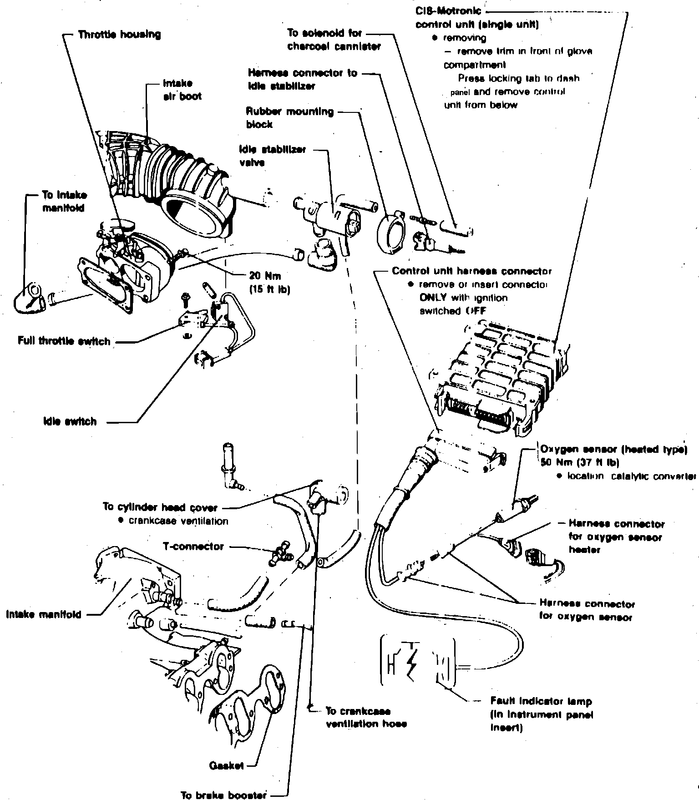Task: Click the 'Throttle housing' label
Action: pyautogui.click(x=119, y=35)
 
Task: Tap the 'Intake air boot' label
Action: pyautogui.click(x=182, y=90)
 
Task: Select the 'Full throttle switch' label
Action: pyautogui.click(x=64, y=341)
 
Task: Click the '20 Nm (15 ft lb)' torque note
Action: pyautogui.click(x=269, y=282)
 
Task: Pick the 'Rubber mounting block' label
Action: pyautogui.click(x=289, y=117)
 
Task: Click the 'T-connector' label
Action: pyautogui.click(x=193, y=546)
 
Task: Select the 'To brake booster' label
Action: pyautogui.click(x=223, y=795)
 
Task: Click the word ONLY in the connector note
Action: pyautogui.click(x=435, y=298)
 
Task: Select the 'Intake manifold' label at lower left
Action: pyautogui.click(x=44, y=614)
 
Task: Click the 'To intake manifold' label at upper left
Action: pyautogui.click(x=64, y=202)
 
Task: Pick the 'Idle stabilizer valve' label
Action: pyautogui.click(x=272, y=156)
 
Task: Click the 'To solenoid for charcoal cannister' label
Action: pyautogui.click(x=334, y=40)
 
